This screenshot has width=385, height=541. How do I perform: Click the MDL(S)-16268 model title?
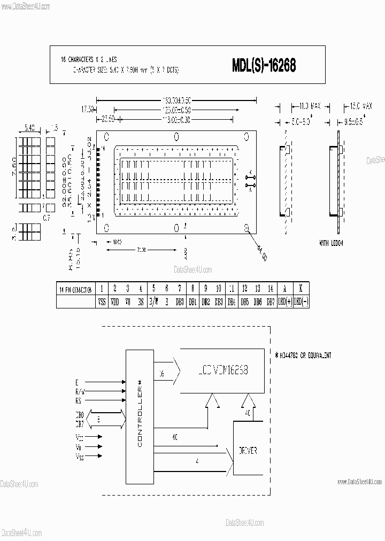[264, 65]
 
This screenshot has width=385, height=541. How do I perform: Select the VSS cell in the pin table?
[102, 302]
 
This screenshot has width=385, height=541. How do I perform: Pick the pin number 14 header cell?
[271, 288]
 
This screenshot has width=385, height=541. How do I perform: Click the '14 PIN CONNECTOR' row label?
[75, 288]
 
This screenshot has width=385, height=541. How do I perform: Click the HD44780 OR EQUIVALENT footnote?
[304, 355]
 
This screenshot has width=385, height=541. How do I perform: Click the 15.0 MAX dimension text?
[357, 106]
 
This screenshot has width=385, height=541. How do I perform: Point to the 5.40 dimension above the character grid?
[30, 128]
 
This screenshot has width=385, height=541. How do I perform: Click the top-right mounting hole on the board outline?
[246, 135]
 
